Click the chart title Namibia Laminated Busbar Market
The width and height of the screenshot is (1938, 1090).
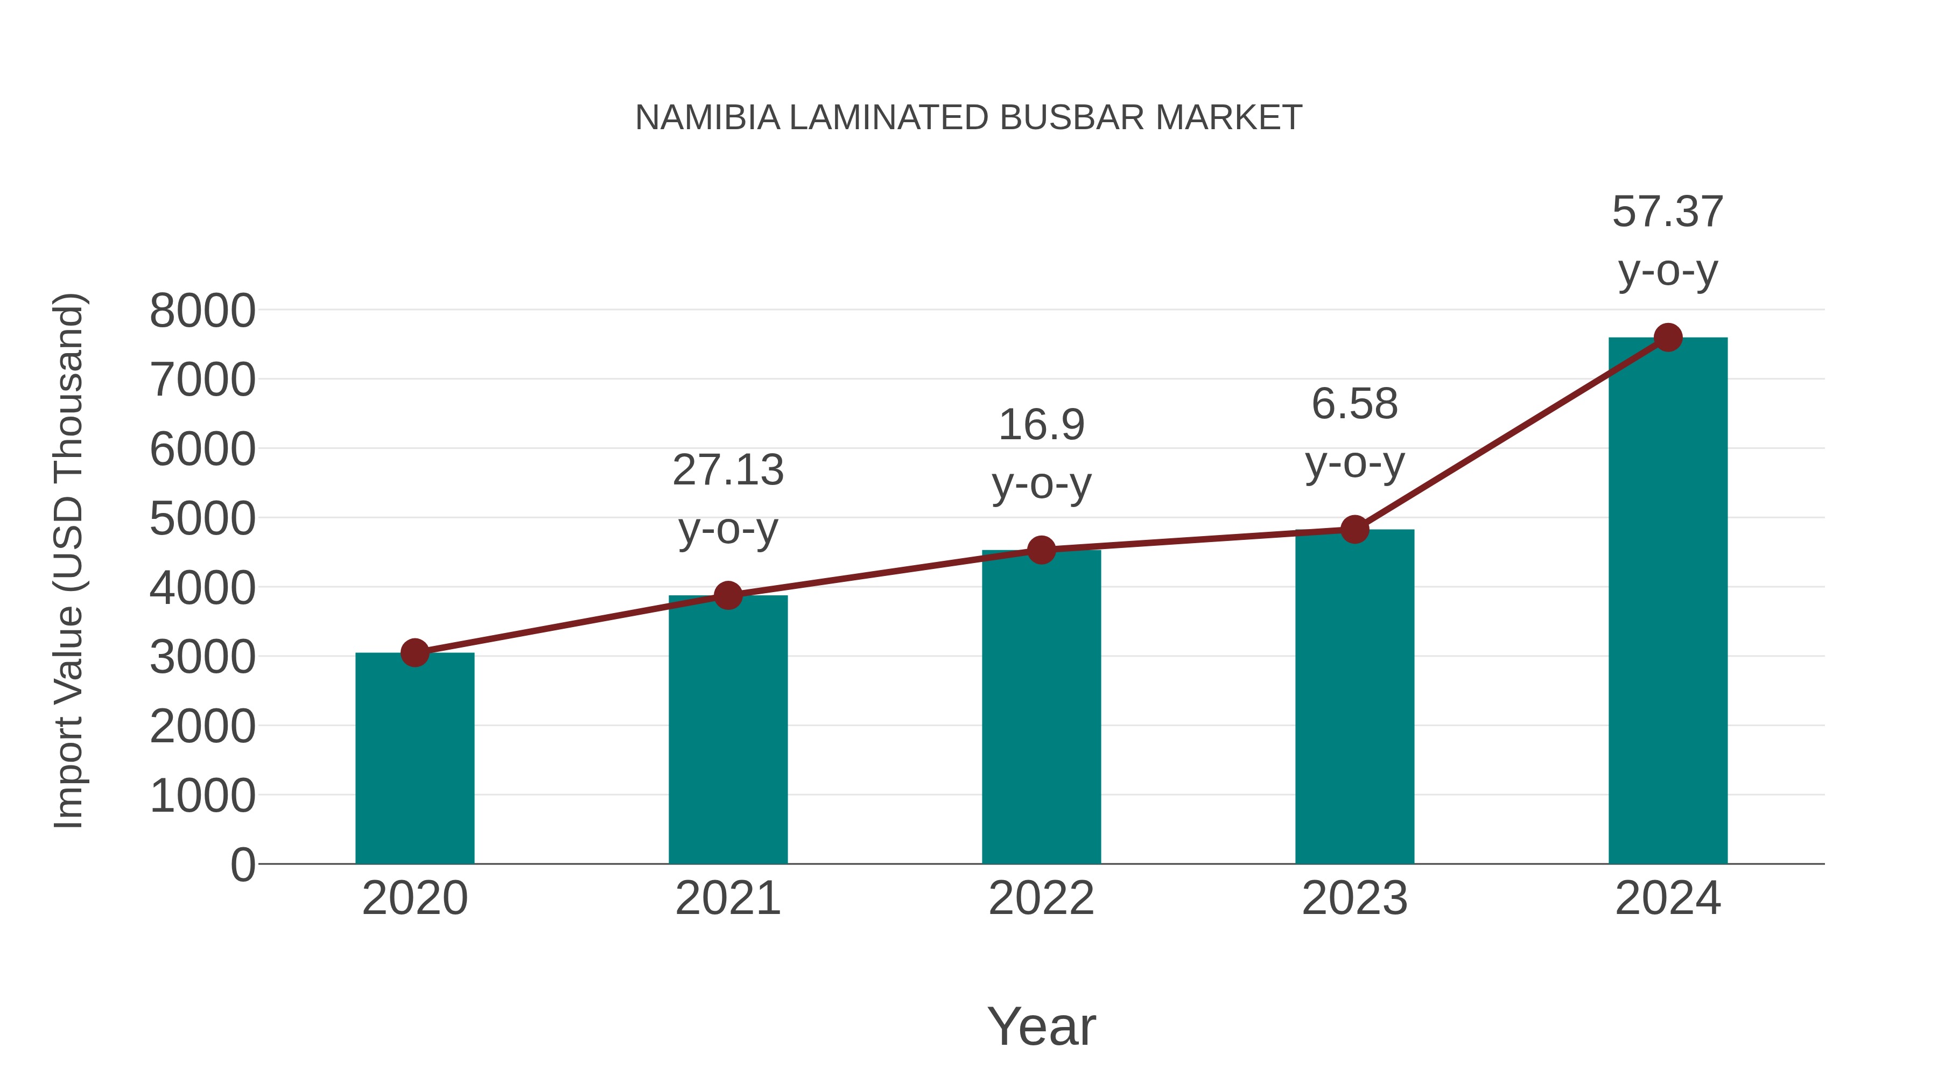pos(968,118)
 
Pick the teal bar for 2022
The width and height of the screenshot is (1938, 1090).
pos(1041,707)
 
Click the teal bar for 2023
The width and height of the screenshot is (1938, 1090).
pos(1354,697)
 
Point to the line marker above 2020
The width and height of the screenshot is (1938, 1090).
pos(415,653)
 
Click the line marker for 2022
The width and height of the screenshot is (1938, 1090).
pos(1041,550)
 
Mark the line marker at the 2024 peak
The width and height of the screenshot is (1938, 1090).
pos(1668,337)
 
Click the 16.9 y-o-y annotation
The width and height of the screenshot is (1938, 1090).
pos(1041,454)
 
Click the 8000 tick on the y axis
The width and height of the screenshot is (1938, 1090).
pos(202,311)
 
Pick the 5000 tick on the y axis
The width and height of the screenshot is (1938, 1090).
pos(202,518)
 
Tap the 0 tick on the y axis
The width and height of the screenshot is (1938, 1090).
pos(242,865)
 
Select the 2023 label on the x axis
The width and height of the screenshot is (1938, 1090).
pos(1354,898)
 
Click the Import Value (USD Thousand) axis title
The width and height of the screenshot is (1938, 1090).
pos(68,560)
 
